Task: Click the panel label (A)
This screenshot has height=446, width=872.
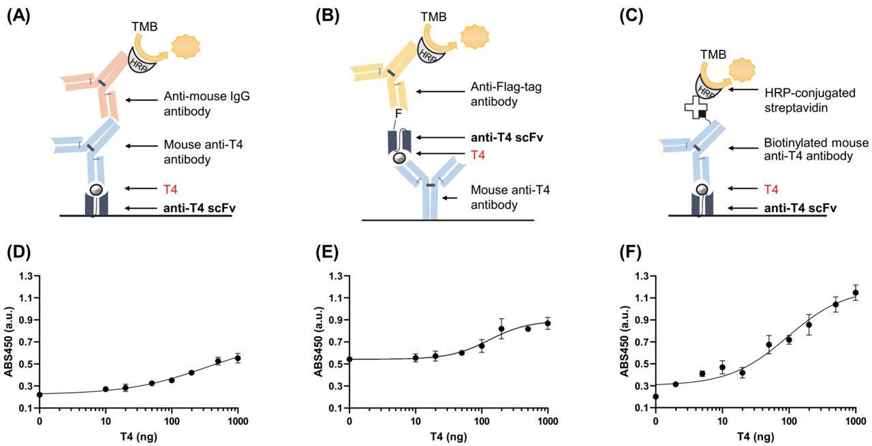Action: point(18,16)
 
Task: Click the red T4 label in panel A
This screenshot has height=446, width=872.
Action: point(170,190)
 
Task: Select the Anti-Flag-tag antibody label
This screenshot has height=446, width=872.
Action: point(506,94)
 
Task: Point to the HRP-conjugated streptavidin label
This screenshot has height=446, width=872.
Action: point(810,100)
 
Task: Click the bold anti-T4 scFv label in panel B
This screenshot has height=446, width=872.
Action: point(507,138)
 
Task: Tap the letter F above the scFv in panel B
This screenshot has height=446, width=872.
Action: point(399,113)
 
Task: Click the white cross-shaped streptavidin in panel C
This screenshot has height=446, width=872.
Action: point(696,108)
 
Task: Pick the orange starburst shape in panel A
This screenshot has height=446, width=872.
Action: point(186,47)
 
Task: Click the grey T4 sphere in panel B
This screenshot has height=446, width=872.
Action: point(399,158)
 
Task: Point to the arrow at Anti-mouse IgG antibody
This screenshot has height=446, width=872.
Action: point(142,100)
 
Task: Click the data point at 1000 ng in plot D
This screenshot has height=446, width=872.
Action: point(238,358)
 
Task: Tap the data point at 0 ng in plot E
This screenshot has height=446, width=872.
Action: point(349,359)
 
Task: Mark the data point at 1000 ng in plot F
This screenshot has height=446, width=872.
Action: point(856,293)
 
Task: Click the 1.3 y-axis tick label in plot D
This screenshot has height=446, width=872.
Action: point(27,276)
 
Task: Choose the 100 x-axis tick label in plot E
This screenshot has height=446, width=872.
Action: point(482,421)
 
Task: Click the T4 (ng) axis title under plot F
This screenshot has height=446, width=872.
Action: point(756,436)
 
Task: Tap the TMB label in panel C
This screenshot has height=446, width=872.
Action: point(713,55)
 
